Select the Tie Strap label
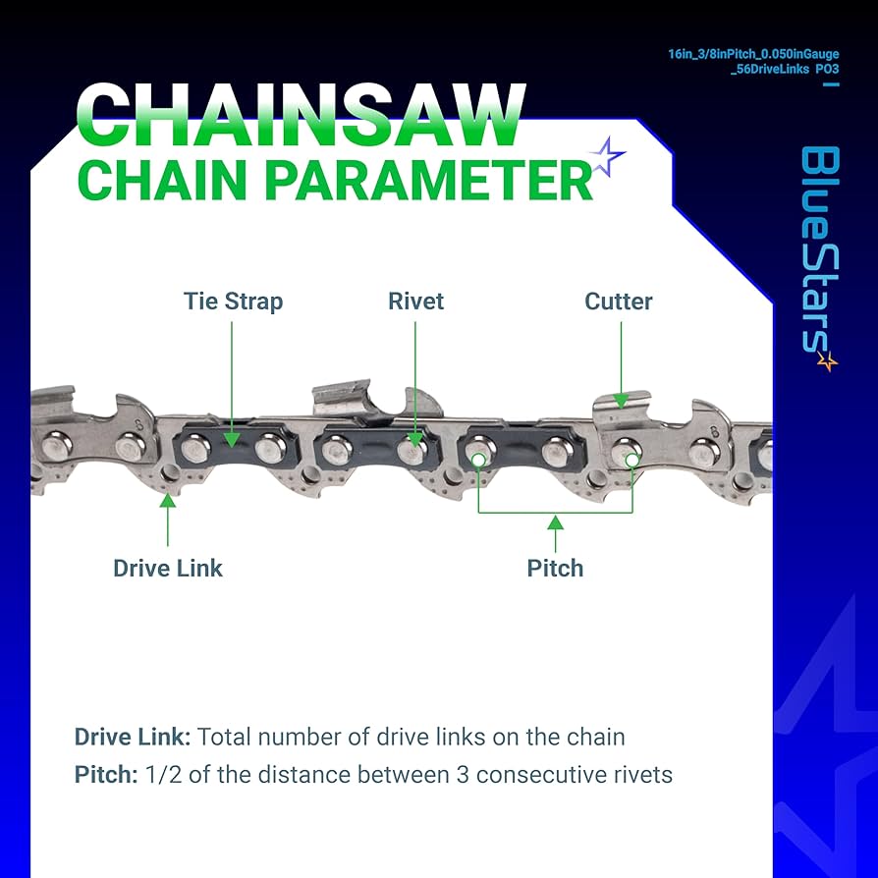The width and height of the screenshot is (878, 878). pyautogui.click(x=233, y=301)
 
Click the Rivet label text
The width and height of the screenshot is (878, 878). pyautogui.click(x=415, y=301)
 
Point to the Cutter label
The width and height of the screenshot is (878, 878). pyautogui.click(x=618, y=301)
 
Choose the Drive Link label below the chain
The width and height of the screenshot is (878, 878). pyautogui.click(x=168, y=568)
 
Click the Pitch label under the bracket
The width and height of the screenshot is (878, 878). pyautogui.click(x=555, y=568)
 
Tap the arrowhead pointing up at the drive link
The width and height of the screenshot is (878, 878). pyautogui.click(x=168, y=500)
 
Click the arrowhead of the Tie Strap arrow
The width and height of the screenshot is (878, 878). pyautogui.click(x=232, y=441)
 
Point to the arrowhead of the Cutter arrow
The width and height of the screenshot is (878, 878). pyautogui.click(x=621, y=398)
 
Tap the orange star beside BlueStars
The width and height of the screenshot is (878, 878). pyautogui.click(x=827, y=361)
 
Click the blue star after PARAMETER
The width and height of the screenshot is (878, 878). pyautogui.click(x=606, y=158)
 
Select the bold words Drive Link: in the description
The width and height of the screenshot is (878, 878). pyautogui.click(x=133, y=737)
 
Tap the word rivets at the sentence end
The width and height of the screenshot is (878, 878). pyautogui.click(x=640, y=775)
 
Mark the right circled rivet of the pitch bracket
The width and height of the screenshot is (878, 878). pyautogui.click(x=631, y=458)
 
